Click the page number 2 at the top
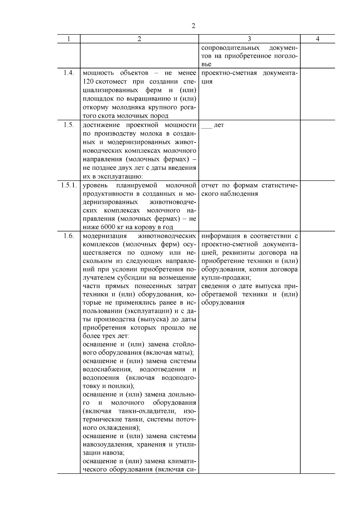(193, 26)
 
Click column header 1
(69, 39)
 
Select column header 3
(249, 39)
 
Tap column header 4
(317, 39)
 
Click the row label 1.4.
(69, 73)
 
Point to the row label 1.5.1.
(69, 185)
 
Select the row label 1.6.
(69, 236)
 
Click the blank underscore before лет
(207, 125)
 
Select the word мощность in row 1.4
(98, 73)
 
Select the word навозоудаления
(108, 444)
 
